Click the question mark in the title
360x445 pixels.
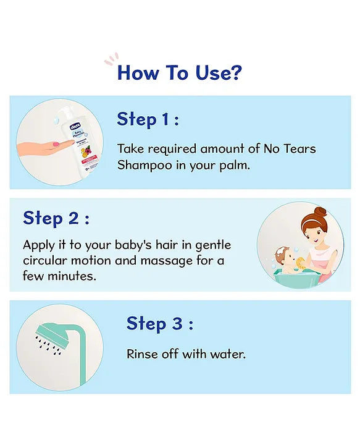pyautogui.click(x=235, y=73)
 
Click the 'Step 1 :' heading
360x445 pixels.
pyautogui.click(x=148, y=119)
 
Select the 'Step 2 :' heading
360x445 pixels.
pyautogui.click(x=56, y=218)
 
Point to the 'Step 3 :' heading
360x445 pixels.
pyautogui.click(x=160, y=323)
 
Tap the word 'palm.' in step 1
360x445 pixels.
pyautogui.click(x=236, y=166)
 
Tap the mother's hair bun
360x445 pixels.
pyautogui.click(x=318, y=213)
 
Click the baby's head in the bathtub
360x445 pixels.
pyautogui.click(x=283, y=255)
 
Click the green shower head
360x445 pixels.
pyautogui.click(x=52, y=330)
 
